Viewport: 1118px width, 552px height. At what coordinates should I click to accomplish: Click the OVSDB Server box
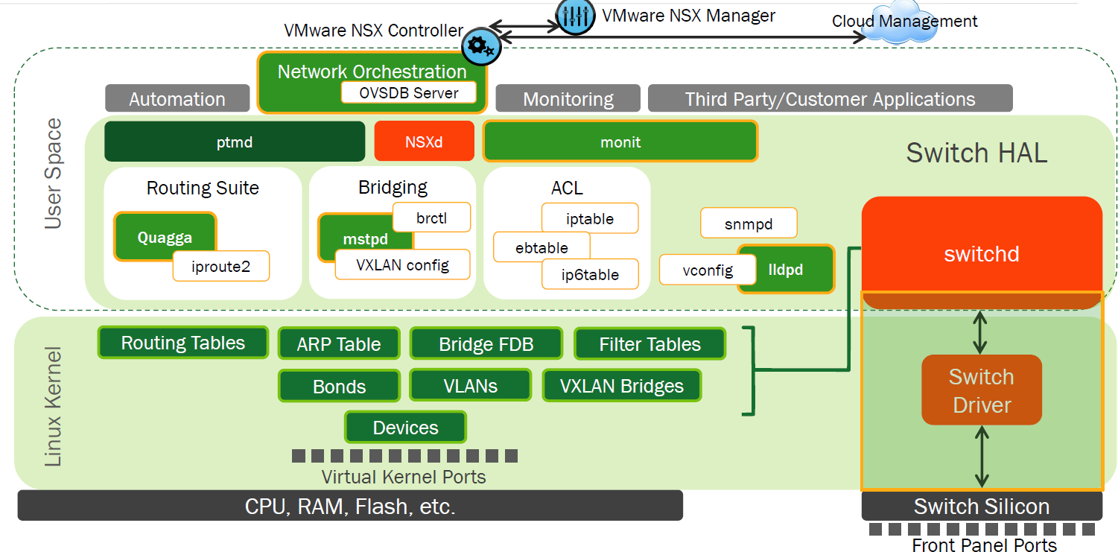(409, 92)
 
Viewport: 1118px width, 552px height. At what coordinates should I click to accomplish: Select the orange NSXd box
(424, 141)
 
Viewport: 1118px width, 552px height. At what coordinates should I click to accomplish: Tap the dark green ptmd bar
(234, 142)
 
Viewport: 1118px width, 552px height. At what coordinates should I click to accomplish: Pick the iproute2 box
(220, 266)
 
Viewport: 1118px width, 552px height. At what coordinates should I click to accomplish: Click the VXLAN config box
(402, 264)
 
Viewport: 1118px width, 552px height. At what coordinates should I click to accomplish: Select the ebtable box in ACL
(541, 247)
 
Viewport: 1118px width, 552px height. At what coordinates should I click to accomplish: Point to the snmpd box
(748, 223)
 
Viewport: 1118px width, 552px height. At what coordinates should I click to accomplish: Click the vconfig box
(698, 270)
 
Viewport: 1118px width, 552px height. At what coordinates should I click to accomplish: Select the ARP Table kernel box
(338, 344)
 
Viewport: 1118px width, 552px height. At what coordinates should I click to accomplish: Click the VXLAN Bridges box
(621, 386)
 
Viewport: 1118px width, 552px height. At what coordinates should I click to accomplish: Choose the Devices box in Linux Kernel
(405, 428)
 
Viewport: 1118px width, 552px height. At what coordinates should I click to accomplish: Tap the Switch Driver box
(981, 390)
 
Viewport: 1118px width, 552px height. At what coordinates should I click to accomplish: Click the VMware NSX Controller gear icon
(480, 47)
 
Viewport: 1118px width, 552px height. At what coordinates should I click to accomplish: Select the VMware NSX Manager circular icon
(575, 16)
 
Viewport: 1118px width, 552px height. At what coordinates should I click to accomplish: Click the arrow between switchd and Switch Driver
(981, 332)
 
